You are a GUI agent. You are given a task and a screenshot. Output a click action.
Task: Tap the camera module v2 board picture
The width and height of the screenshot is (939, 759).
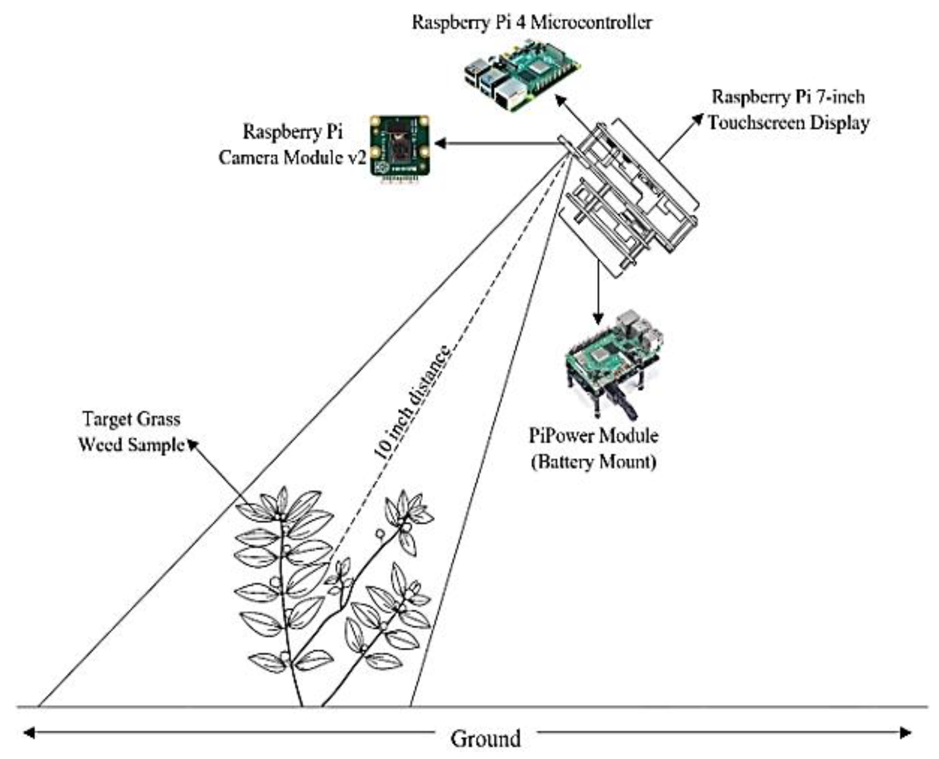click(400, 145)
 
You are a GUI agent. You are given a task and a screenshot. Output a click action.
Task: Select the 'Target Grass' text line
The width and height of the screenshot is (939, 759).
click(131, 419)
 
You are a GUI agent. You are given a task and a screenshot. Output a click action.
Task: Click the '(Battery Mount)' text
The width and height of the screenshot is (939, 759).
click(593, 462)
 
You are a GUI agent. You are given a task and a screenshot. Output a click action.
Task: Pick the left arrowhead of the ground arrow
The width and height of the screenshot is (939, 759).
click(29, 733)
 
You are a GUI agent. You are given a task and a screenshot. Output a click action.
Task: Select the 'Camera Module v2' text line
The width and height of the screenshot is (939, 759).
click(292, 157)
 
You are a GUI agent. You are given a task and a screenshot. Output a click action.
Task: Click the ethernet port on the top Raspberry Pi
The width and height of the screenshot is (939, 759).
click(509, 98)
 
